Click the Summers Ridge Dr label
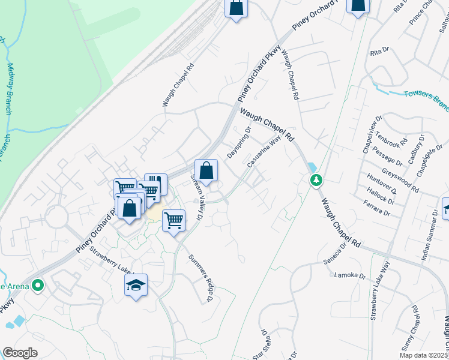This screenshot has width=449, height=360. (201, 277)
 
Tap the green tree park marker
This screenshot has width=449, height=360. (316, 180)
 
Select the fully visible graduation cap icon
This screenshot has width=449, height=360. (136, 286)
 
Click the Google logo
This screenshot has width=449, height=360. (20, 353)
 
